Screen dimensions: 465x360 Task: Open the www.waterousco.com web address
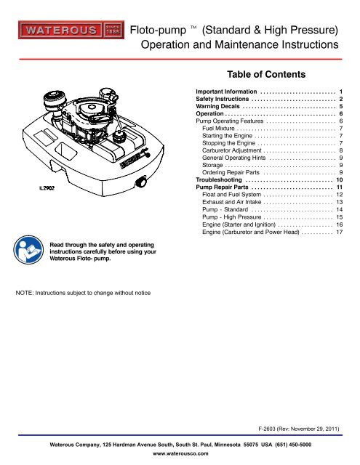(x=180, y=453)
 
